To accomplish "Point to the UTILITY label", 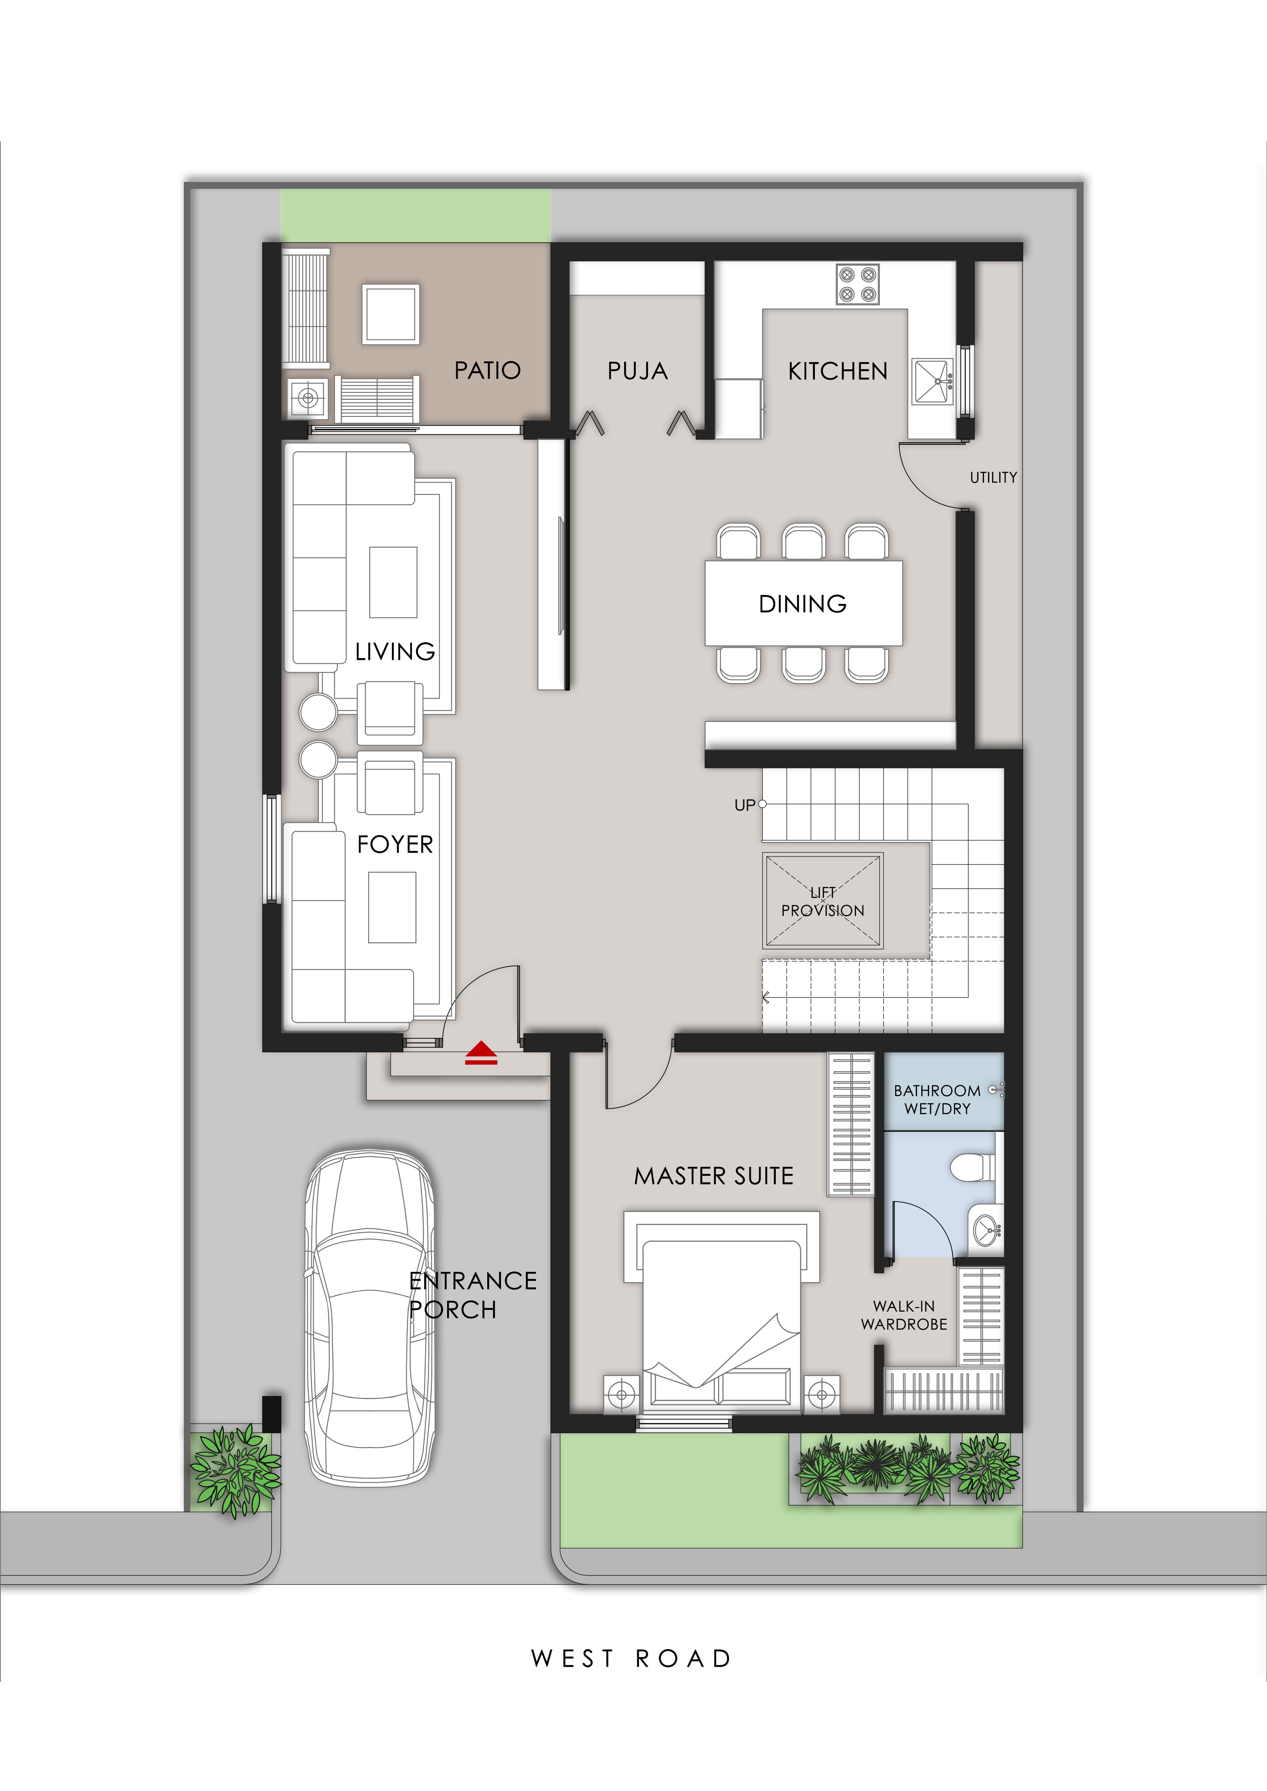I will [x=993, y=477].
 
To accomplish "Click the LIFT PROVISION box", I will [x=823, y=901].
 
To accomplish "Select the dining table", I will [x=804, y=603].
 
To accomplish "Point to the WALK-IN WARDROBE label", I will [x=903, y=1315].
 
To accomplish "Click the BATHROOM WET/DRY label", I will [x=937, y=1099].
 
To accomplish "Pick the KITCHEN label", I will [x=837, y=371].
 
